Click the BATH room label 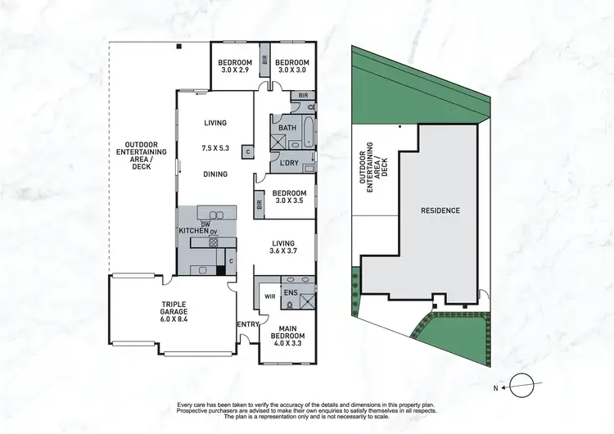click(287, 129)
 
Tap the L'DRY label click(288, 163)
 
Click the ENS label click(289, 291)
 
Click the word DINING click(215, 174)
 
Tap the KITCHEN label click(194, 232)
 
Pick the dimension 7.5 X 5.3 click(214, 148)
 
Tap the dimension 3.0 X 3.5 click(287, 201)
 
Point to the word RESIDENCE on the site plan click(440, 210)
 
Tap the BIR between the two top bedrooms click(264, 60)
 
